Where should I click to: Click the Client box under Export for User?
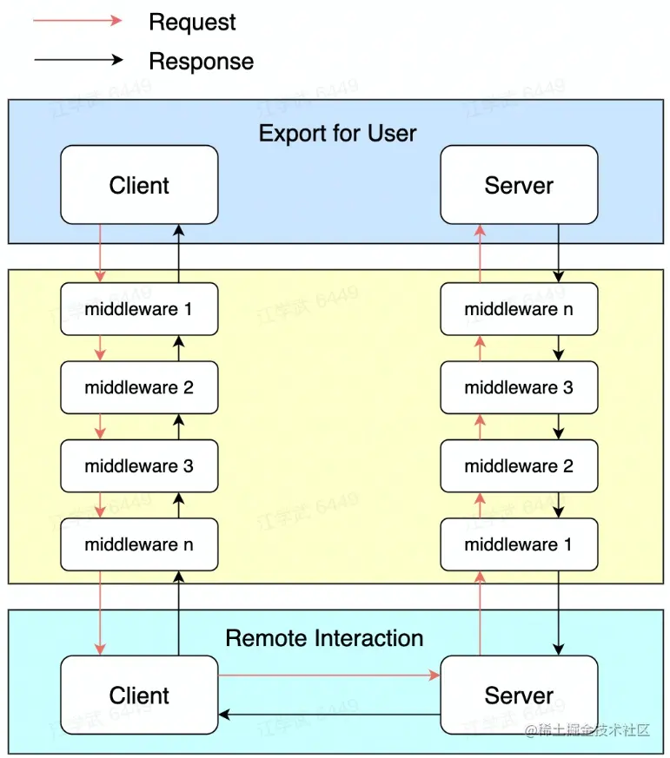pos(139,185)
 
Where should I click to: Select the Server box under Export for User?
pos(519,185)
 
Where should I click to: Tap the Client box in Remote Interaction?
pos(139,695)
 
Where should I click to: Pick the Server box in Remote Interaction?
pos(519,695)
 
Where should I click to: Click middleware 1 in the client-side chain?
pos(139,309)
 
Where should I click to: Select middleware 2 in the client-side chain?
pos(139,387)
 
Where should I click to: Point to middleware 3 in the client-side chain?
pos(139,466)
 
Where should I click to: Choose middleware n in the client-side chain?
pos(139,544)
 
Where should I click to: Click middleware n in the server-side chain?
pos(519,309)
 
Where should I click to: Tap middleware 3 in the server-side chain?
pos(519,387)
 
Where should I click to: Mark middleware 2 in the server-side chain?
pos(519,466)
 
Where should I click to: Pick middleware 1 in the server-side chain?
pos(519,544)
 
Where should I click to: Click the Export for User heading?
pos(337,134)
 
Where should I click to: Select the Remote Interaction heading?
pos(324,638)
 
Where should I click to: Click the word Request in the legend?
pos(192,23)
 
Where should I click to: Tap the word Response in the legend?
pos(201,62)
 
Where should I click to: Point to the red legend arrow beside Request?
pos(78,21)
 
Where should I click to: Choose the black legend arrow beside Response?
pos(78,60)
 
